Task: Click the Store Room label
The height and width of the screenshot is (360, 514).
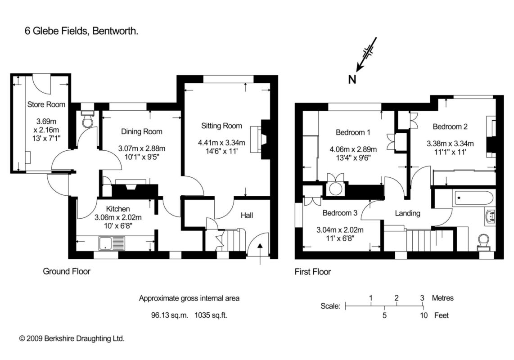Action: click(x=46, y=104)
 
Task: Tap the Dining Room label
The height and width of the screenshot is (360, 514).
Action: click(x=141, y=132)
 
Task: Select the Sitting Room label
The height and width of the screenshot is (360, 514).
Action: click(x=221, y=126)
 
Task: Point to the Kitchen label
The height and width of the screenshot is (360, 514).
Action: click(x=118, y=209)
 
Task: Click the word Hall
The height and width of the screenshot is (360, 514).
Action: click(x=247, y=216)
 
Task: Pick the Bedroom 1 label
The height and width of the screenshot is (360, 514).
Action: click(x=353, y=132)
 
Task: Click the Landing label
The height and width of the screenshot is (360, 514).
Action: click(x=408, y=213)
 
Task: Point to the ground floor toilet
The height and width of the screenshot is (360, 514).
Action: click(x=87, y=121)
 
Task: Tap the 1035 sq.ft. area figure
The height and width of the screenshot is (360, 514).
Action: click(x=210, y=315)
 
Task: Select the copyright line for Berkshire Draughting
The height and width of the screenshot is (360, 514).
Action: click(x=72, y=338)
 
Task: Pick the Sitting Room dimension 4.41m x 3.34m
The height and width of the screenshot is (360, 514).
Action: click(x=221, y=143)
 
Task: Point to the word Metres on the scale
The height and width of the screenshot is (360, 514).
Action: click(x=442, y=298)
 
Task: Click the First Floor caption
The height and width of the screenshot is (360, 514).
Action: click(x=312, y=272)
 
